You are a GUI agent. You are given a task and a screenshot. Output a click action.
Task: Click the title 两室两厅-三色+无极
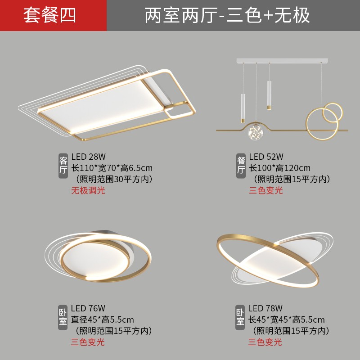tap(227, 15)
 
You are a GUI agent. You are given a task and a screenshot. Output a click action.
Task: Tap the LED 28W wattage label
tap(88, 157)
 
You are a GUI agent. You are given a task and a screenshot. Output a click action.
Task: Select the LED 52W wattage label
tap(266, 157)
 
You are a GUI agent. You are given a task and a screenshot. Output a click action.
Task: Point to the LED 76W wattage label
tap(88, 308)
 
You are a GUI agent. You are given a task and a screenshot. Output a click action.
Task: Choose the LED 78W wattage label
tap(265, 308)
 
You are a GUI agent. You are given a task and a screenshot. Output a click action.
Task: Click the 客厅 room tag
tap(63, 165)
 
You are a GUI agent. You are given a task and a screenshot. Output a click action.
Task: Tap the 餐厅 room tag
tap(241, 165)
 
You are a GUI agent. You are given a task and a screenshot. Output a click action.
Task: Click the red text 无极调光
tap(88, 190)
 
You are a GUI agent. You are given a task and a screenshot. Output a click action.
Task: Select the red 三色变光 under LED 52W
tap(266, 190)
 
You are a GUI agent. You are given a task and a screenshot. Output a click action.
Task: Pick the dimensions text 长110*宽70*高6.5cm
tap(112, 168)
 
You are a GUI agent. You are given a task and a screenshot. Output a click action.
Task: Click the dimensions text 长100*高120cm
tap(280, 168)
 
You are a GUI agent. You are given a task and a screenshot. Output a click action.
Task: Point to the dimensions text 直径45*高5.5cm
tap(103, 320)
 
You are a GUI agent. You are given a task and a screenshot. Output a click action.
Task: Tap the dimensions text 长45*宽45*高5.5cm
tap(286, 320)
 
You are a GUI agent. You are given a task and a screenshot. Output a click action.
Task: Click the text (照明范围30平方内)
tap(114, 179)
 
